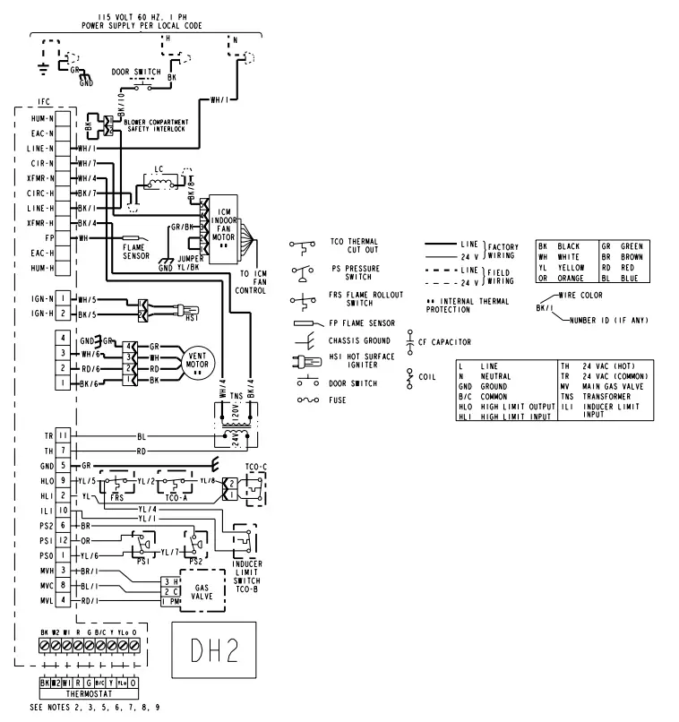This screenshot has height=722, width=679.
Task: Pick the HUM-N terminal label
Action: click(x=39, y=118)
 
